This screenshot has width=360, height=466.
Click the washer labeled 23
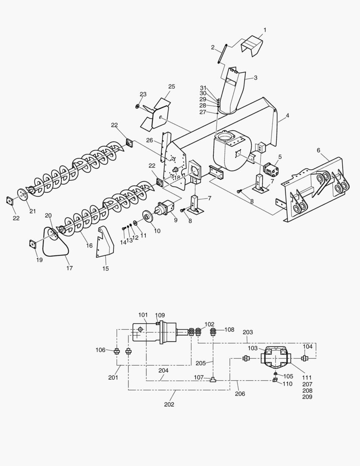point(137,106)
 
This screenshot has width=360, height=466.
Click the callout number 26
point(150,140)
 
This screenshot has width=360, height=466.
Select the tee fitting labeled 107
point(213,379)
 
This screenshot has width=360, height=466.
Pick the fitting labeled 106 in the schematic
point(116,351)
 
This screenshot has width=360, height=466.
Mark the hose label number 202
point(169,404)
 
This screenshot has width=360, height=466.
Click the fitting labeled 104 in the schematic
point(305,358)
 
